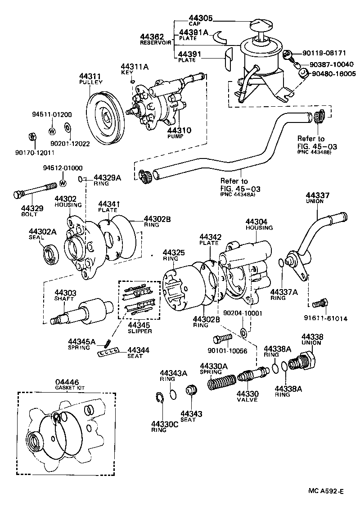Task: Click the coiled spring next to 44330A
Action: (221, 383)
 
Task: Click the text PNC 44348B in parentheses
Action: (314, 152)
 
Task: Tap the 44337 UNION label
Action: (317, 198)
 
